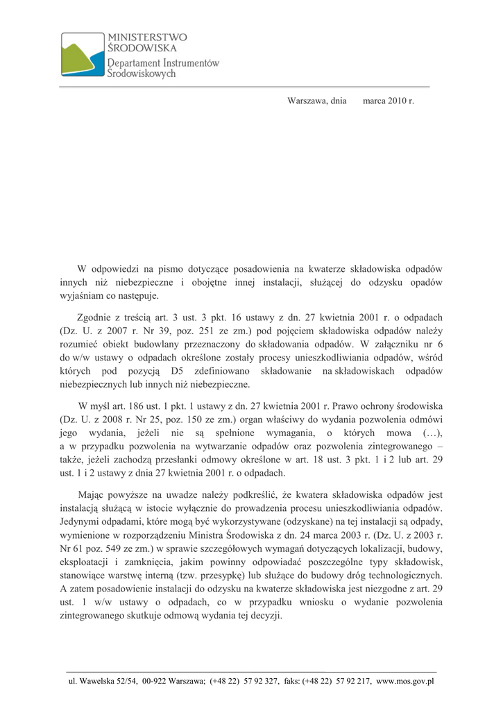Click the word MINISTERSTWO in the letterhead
[x=147, y=37]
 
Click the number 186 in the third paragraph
[x=139, y=406]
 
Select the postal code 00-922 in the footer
[x=155, y=682]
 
